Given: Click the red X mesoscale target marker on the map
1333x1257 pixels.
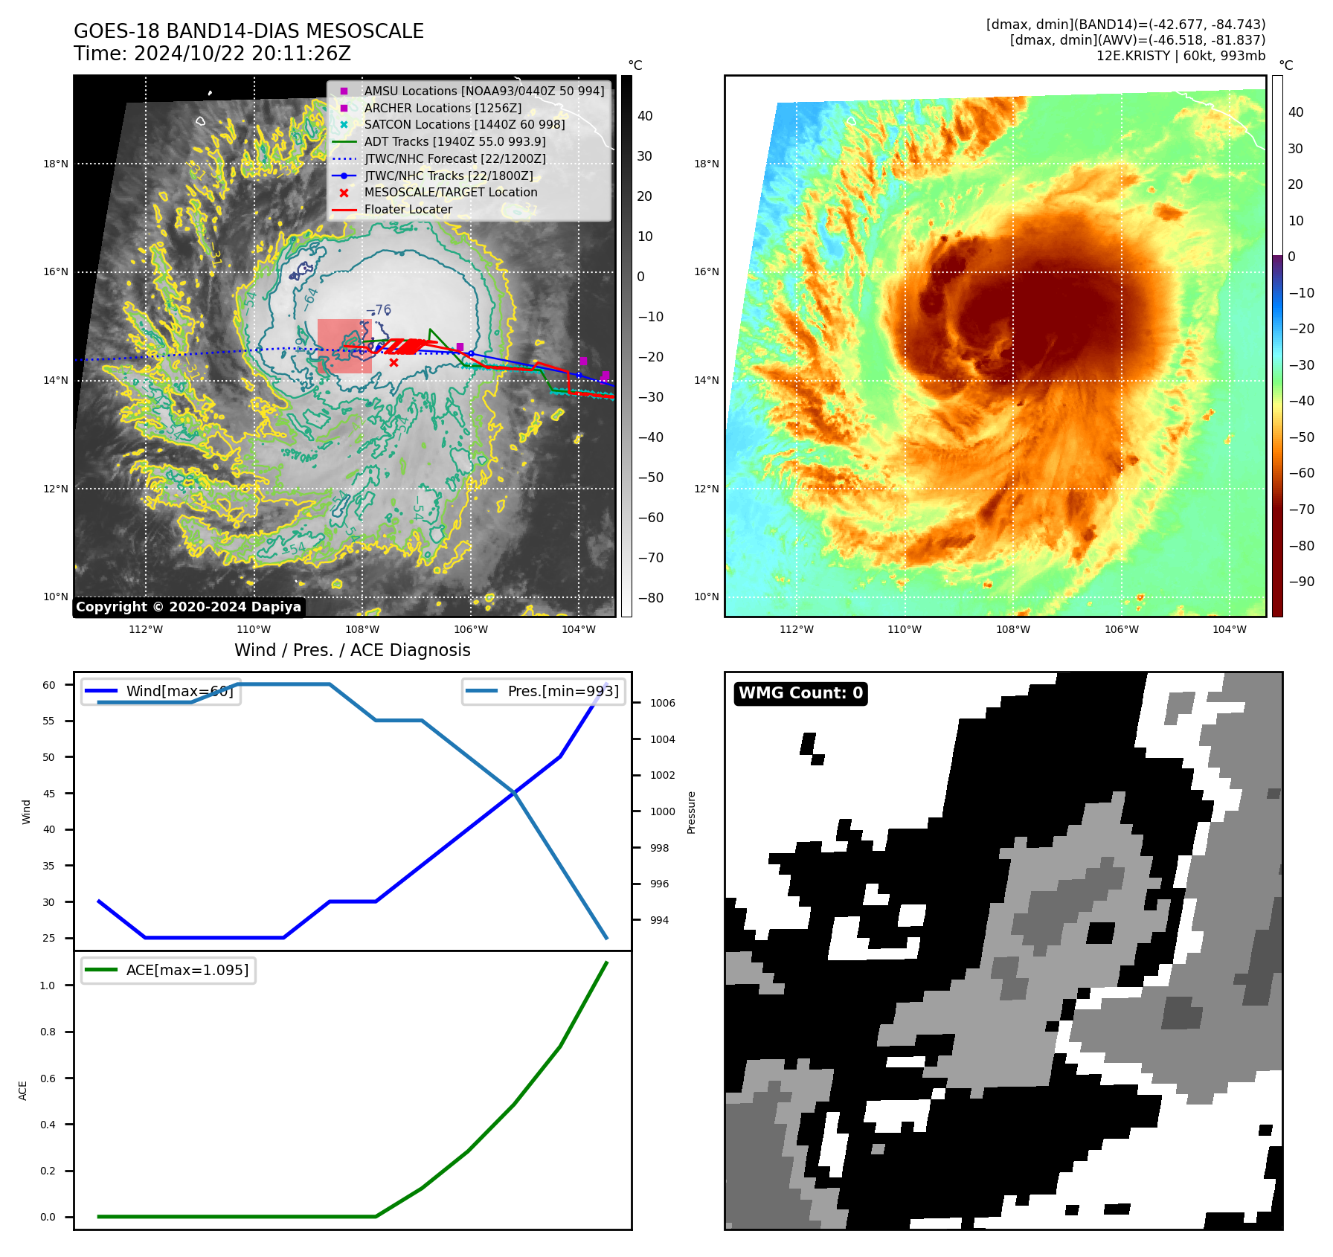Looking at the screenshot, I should click(394, 363).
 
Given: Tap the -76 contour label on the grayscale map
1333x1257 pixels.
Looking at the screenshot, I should click(379, 310).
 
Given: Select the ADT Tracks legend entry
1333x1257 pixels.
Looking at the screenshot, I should click(454, 141).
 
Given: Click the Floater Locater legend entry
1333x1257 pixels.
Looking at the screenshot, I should click(408, 209).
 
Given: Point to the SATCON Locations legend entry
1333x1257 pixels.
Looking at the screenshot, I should click(464, 124).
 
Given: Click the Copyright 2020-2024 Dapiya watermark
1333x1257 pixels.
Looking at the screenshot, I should click(188, 607).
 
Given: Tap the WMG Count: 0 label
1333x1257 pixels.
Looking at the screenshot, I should click(800, 693).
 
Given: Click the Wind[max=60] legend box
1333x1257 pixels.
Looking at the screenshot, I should click(161, 691).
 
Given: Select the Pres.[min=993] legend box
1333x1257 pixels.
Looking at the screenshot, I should click(544, 691).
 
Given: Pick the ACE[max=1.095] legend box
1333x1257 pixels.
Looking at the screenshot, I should click(168, 970).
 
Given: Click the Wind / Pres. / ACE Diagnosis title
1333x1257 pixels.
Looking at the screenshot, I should click(353, 650).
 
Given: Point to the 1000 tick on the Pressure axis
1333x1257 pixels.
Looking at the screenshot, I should click(662, 811).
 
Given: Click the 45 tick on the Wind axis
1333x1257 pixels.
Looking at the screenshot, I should click(49, 794).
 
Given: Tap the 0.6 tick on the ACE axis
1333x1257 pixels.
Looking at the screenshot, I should click(48, 1078).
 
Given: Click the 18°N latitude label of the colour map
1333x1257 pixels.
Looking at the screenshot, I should click(706, 164).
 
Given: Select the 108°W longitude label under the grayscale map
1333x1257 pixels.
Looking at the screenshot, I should click(362, 629).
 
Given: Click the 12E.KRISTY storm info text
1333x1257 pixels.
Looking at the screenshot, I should click(1181, 56).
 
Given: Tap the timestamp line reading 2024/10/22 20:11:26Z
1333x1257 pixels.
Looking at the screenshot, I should click(212, 54).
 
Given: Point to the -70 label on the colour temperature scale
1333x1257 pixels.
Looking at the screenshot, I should click(1301, 509).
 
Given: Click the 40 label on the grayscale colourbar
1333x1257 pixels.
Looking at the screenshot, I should click(645, 116).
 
